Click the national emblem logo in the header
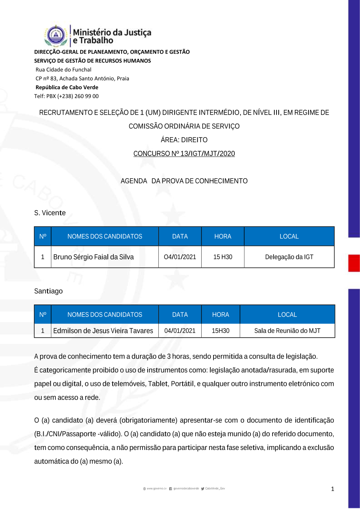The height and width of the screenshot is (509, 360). tap(56, 36)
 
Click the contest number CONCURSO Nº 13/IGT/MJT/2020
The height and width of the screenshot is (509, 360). tap(184, 154)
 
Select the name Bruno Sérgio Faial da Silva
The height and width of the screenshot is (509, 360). tap(94, 257)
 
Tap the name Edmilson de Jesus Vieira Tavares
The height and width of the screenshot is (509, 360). tap(103, 331)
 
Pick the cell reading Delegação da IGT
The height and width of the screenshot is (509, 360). tap(289, 257)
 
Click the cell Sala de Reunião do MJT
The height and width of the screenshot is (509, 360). tap(287, 331)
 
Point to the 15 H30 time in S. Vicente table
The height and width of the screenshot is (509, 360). tap(223, 257)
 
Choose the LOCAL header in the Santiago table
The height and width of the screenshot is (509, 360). tap(287, 315)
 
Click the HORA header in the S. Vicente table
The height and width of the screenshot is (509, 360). tap(223, 237)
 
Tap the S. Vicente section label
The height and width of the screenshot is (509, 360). tap(50, 213)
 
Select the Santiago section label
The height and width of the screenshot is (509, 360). tap(48, 291)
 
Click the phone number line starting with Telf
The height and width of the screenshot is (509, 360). tap(66, 96)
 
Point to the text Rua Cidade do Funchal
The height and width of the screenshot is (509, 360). tap(63, 70)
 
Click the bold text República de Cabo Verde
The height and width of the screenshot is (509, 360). tap(67, 87)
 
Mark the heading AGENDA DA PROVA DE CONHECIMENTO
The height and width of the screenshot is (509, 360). tap(184, 181)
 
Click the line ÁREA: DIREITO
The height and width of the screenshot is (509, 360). tap(184, 140)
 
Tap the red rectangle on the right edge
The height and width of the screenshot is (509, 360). tap(354, 263)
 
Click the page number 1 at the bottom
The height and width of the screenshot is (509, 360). tap(332, 489)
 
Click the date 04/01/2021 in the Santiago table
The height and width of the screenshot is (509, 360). tap(180, 331)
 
